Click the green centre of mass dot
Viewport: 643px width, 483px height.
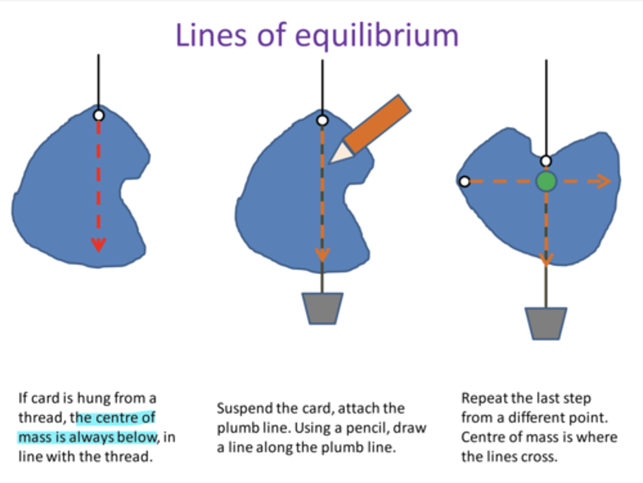(546, 181)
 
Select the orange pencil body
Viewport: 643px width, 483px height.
(378, 124)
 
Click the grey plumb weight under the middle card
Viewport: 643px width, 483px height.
(322, 308)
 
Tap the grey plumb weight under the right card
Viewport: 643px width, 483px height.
(546, 323)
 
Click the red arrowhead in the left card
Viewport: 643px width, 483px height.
(98, 245)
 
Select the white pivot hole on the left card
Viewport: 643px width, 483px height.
(99, 116)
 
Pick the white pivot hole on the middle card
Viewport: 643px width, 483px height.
(322, 121)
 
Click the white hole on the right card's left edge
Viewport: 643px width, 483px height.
(465, 182)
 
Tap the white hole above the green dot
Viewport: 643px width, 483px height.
(546, 161)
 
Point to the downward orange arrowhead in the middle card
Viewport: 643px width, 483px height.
(322, 255)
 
